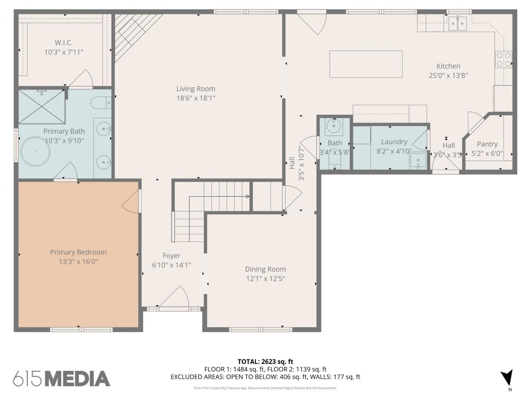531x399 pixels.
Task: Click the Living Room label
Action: (195, 89)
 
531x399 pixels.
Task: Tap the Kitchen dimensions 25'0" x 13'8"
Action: (448, 76)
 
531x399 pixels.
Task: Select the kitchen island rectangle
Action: (366, 64)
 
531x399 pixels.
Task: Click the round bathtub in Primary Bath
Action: (35, 152)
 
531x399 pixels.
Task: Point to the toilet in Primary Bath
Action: (101, 103)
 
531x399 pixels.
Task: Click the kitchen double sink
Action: (457, 23)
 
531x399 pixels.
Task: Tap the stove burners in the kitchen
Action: (503, 59)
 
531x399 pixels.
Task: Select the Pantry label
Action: (487, 144)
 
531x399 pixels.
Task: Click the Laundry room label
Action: (394, 142)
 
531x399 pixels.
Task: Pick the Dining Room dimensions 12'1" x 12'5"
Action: (265, 279)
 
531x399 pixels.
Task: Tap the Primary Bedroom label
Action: (78, 252)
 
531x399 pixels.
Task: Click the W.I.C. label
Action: (64, 43)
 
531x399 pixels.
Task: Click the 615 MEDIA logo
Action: (62, 378)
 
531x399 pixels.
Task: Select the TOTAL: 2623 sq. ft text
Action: (265, 362)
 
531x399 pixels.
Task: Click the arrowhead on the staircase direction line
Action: (248, 196)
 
